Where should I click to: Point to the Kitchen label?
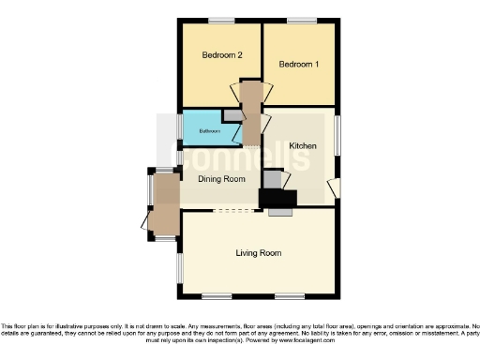tap(303, 147)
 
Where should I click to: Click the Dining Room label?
tap(221, 179)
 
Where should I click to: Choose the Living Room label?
tap(258, 253)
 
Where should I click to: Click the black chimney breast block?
tap(277, 198)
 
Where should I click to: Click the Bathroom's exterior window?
tap(180, 126)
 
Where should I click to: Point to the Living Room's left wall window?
tap(180, 270)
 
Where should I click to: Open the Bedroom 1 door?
tap(268, 94)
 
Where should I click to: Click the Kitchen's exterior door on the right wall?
tap(335, 188)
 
